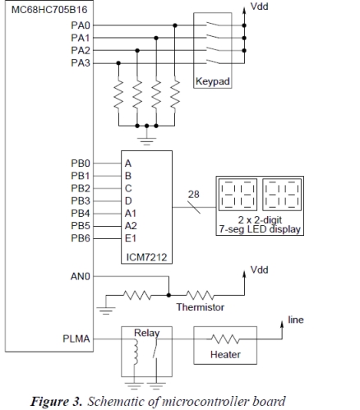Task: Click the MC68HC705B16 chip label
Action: coord(49,10)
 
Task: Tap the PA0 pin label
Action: coord(81,25)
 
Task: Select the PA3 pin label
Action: coord(81,63)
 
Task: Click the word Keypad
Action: coord(213,81)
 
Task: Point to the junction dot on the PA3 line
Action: coord(118,63)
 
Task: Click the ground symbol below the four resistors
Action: coord(146,141)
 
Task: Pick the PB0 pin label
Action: coord(81,164)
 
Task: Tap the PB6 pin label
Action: coord(81,238)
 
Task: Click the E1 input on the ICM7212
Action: coord(131,238)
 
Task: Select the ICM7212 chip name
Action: coord(146,257)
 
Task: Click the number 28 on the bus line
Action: coord(194,195)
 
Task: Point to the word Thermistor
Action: coord(201,307)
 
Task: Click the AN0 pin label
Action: coord(81,277)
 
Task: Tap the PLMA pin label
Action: coord(76,339)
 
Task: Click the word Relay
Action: coord(147,333)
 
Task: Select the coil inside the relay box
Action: coord(135,352)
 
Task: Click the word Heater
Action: coord(225,355)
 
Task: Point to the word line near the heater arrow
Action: coord(296,320)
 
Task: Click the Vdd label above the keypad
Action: coord(260,7)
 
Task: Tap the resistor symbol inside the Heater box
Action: coord(225,339)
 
